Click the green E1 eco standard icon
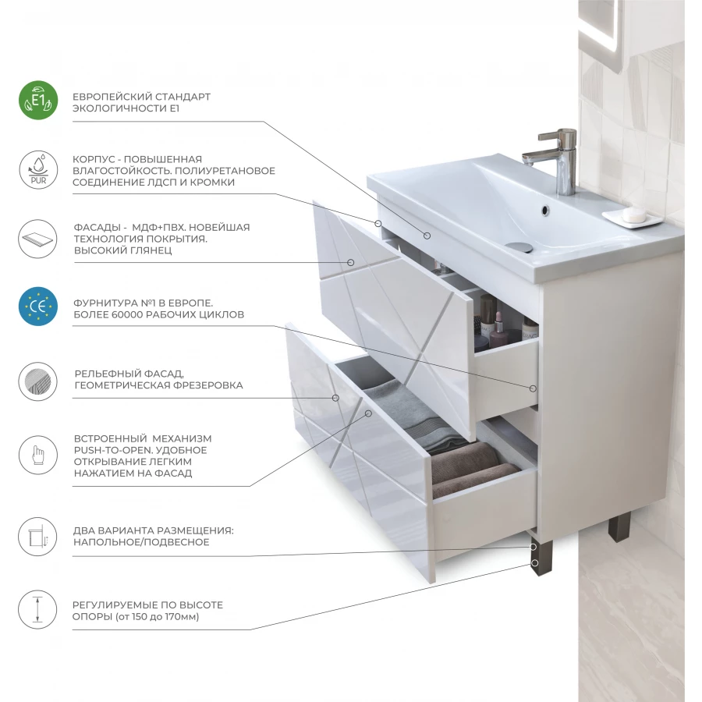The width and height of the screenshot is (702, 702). click(x=38, y=101)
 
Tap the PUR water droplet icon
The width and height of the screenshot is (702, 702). click(x=38, y=170)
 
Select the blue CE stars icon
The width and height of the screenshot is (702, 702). click(x=38, y=307)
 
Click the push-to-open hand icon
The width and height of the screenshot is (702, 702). click(x=38, y=455)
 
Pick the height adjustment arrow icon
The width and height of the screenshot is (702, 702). click(x=38, y=609)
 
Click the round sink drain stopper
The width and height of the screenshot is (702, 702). click(x=521, y=246)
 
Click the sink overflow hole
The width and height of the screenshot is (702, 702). click(x=545, y=209)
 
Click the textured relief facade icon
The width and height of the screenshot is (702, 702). click(x=38, y=381)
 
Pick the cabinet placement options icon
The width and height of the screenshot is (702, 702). click(x=38, y=537)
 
